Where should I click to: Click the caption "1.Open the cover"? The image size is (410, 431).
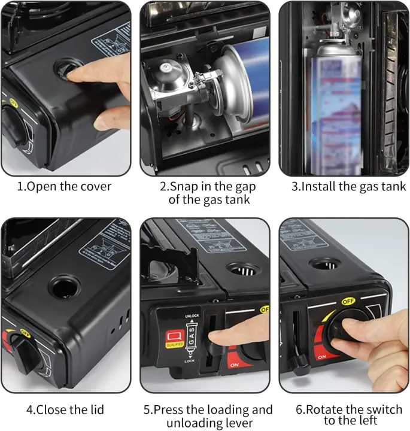click(64, 186)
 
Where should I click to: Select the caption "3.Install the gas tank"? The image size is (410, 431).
click(348, 186)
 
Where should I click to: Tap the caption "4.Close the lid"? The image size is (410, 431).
click(65, 409)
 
